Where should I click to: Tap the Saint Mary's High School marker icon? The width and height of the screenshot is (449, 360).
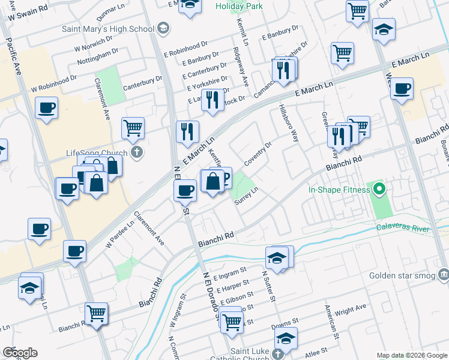coord(163,28)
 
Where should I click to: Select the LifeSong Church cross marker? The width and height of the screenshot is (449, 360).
coord(137,152)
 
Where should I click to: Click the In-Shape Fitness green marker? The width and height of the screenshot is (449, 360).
coord(379,190)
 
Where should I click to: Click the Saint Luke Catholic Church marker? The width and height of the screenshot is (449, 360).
coord(278,352)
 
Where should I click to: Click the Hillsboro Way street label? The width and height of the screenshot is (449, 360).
coord(288,124)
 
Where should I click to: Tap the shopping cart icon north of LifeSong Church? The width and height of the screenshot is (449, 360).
coord(133,127)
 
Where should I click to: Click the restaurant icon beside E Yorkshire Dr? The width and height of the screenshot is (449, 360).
coord(211,100)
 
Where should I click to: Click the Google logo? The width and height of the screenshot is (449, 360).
coord(19,353)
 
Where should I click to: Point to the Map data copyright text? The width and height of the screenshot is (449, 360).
coord(411,355)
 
